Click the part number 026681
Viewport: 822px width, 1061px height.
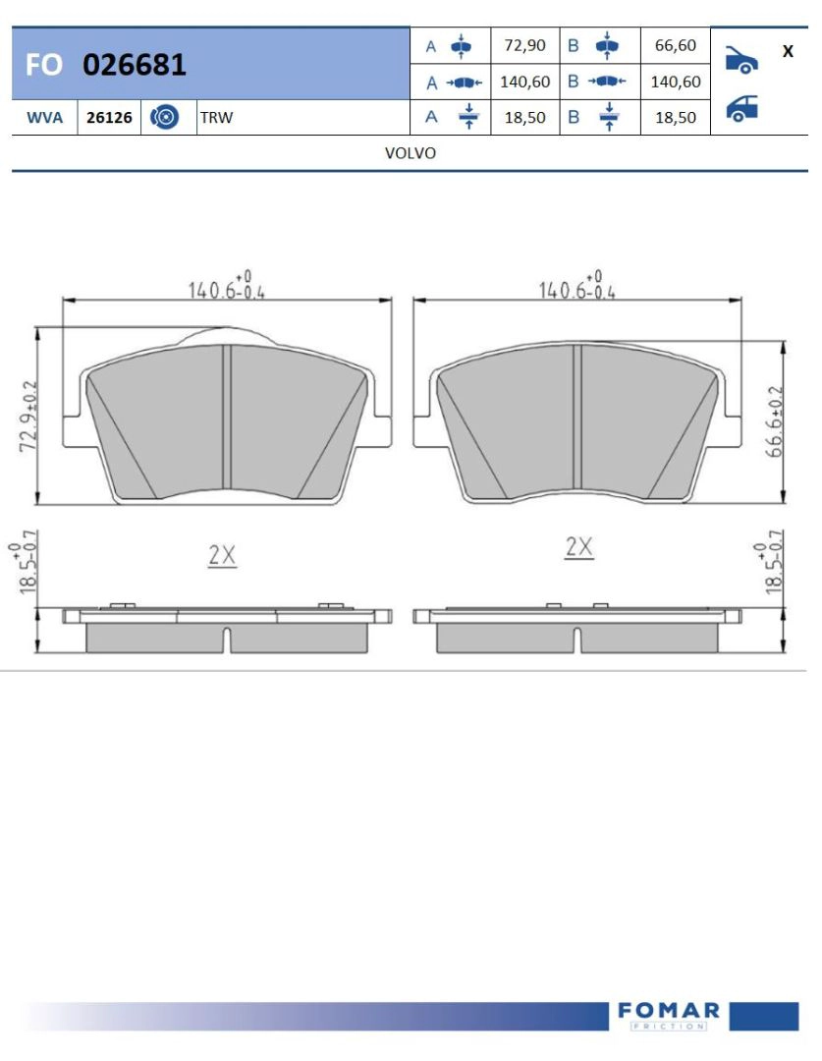[134, 64]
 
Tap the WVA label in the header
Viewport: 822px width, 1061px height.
[44, 118]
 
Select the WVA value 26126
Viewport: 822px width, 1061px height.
[109, 118]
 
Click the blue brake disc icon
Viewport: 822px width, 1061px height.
[164, 117]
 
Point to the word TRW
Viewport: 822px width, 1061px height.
[216, 118]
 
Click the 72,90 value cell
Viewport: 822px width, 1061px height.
[525, 45]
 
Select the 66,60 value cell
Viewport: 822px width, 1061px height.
[676, 45]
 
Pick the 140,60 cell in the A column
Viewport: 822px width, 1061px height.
[525, 82]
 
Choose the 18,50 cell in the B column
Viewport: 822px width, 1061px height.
[676, 118]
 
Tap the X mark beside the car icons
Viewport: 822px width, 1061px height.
[788, 51]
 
